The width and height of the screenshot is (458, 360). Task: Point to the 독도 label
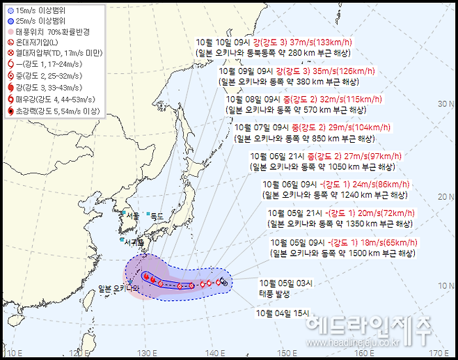(x=157, y=217)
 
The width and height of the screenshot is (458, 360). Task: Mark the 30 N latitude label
(x=439, y=104)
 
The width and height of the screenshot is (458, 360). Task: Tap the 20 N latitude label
(x=439, y=197)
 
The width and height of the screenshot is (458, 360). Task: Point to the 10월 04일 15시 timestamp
(x=282, y=314)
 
